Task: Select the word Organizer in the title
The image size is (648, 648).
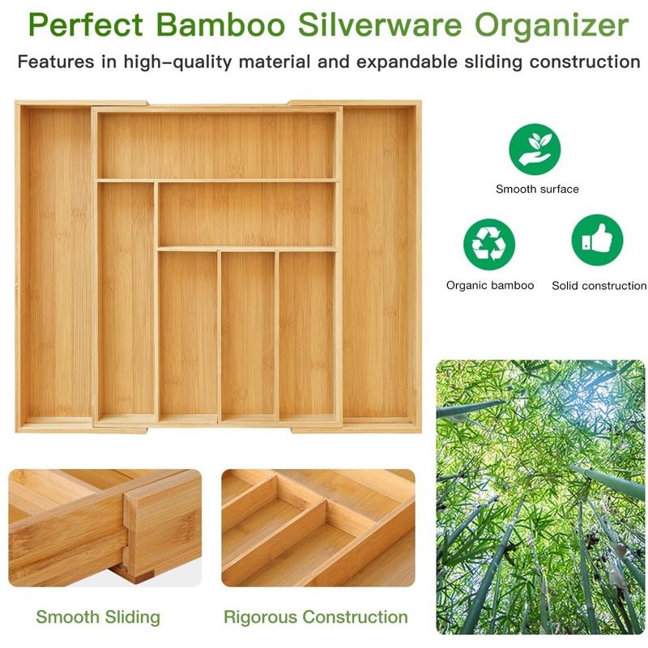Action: pyautogui.click(x=552, y=27)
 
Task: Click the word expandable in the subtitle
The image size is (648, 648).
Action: pyautogui.click(x=403, y=62)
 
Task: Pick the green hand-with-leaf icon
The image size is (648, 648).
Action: pyautogui.click(x=535, y=149)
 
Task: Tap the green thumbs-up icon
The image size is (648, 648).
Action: pyautogui.click(x=598, y=241)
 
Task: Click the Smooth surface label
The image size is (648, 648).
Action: pyautogui.click(x=537, y=190)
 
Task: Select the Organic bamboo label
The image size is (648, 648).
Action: pyautogui.click(x=490, y=286)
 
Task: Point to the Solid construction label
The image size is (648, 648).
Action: pyautogui.click(x=599, y=286)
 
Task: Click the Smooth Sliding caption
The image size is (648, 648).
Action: pyautogui.click(x=98, y=617)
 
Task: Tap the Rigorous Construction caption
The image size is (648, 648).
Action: pyautogui.click(x=316, y=617)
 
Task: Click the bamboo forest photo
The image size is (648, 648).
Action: pyautogui.click(x=540, y=497)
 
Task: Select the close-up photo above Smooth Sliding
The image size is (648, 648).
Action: pyautogui.click(x=104, y=527)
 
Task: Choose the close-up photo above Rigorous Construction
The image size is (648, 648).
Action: pyautogui.click(x=318, y=527)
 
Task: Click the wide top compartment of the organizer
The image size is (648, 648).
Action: pyautogui.click(x=216, y=145)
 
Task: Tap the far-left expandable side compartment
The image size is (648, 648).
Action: pyautogui.click(x=58, y=263)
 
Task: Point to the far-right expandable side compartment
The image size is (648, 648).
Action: pyautogui.click(x=378, y=263)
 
